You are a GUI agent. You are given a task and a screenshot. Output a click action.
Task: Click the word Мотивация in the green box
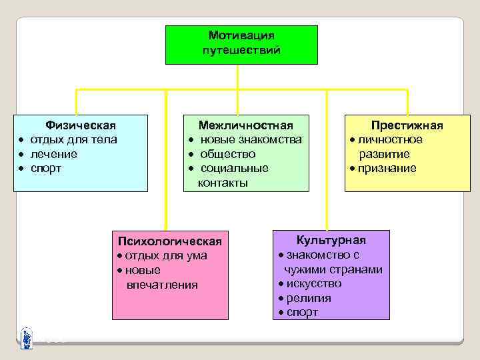(241, 35)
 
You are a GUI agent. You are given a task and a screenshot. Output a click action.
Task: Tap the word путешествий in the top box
(241, 50)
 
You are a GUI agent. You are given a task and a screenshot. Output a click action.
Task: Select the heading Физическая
(80, 125)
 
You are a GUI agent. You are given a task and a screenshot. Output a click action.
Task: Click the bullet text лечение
(54, 154)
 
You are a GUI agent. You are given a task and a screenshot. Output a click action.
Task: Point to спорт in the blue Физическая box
(46, 168)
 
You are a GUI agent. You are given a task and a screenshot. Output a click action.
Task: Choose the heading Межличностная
(246, 125)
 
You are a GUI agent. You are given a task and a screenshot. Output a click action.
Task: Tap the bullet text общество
(228, 154)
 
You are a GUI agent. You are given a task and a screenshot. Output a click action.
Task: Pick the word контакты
(223, 182)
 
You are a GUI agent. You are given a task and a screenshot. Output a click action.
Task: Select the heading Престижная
(407, 125)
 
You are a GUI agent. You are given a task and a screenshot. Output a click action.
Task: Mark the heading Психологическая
(169, 241)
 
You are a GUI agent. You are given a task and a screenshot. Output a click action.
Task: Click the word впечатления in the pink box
(162, 285)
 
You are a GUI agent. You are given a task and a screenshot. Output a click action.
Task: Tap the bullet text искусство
(314, 283)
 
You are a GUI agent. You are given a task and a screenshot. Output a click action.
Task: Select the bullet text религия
(309, 298)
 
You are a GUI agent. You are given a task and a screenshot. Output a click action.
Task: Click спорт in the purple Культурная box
(302, 312)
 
